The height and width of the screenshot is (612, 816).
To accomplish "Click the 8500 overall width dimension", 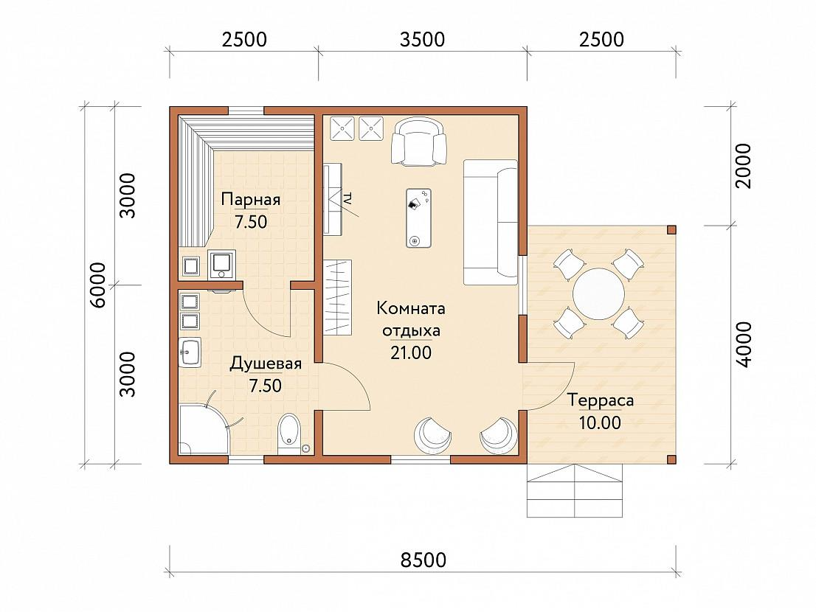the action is point(423,560).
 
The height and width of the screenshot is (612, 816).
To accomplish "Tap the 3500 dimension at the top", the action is point(422,40).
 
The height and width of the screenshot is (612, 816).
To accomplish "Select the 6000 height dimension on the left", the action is point(98,285).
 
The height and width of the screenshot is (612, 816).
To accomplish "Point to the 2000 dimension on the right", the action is point(744,166).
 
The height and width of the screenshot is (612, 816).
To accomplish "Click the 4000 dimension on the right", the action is point(744,345).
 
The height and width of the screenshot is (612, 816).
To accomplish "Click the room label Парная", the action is point(251,200).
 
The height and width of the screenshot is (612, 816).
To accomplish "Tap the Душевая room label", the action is point(266,364).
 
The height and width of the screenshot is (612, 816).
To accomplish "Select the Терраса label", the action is point(600,401).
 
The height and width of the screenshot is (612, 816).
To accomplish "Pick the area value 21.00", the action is point(411,352).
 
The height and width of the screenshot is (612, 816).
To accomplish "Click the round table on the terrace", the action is point(598,293).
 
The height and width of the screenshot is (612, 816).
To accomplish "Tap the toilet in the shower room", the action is point(289,433).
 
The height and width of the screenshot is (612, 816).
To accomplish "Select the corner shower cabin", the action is point(204,429).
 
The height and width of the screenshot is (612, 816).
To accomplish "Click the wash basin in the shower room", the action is point(190,352).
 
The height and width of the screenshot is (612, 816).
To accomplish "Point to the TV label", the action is point(347,198).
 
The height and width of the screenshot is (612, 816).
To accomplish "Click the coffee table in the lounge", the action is point(418,218).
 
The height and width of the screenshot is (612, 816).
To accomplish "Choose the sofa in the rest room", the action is point(491,222).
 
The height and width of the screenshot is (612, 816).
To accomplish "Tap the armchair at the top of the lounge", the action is point(419,142).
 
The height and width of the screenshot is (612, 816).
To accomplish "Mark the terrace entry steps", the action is point(575,490).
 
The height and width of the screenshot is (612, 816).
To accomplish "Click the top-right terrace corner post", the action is point(671,230).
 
